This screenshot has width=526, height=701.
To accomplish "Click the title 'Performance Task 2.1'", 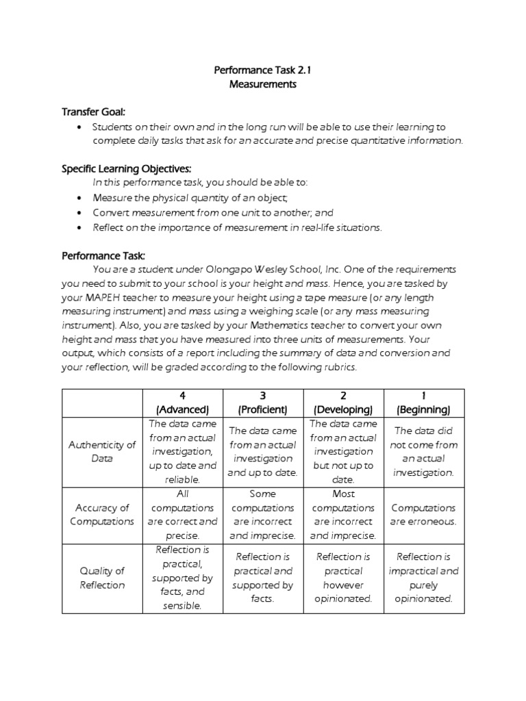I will pos(264,70).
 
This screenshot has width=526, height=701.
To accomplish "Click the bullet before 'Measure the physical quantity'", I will pos(81,199).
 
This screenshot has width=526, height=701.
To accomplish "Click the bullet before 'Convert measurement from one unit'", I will pos(81,213).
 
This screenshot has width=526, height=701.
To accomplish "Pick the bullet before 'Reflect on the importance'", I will pos(81,227).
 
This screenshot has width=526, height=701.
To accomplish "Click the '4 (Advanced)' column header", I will pos(183,403).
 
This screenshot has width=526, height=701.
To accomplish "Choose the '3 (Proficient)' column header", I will pos(263,403).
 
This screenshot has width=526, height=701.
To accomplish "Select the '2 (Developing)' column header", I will pos(343,403).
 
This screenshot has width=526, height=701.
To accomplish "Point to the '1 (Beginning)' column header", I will pos(424,403).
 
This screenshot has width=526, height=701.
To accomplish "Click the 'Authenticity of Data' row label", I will pos(102,452).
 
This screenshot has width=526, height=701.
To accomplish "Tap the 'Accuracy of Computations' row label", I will pos(102,515).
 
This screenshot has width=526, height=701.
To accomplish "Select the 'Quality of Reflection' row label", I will pos(102,578).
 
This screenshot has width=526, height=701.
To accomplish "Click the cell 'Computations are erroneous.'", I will pos(424,515).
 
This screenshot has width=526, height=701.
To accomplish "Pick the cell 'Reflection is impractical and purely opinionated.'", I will pos(424,578).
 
